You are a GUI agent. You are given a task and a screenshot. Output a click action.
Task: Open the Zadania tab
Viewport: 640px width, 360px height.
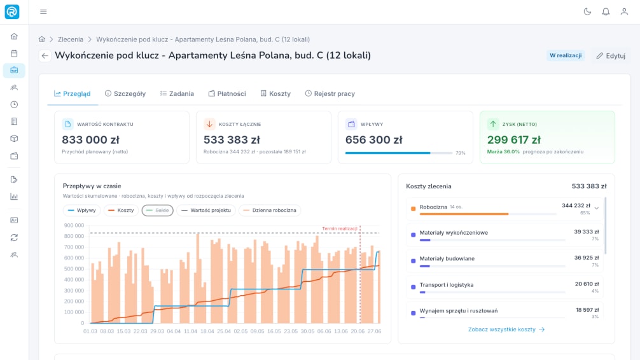click(x=177, y=93)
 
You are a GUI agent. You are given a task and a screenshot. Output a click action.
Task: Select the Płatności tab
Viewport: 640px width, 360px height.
click(x=227, y=93)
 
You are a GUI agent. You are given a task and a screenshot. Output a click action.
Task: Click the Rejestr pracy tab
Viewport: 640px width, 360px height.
click(x=330, y=93)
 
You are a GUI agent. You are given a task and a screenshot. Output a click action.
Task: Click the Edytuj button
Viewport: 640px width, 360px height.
click(x=611, y=55)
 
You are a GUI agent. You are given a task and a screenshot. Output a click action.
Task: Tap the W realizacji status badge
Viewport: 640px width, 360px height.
click(x=566, y=55)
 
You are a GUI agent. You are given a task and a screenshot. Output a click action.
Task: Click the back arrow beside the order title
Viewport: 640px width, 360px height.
click(x=45, y=55)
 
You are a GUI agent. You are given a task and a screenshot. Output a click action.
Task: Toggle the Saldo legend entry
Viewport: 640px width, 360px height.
click(x=158, y=210)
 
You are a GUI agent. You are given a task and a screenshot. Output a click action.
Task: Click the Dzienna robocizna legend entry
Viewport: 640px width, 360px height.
click(x=270, y=210)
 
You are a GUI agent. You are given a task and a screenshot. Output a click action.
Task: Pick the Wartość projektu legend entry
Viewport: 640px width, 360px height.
click(x=206, y=210)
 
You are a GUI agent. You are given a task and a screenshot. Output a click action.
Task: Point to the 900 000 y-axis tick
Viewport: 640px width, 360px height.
click(x=74, y=225)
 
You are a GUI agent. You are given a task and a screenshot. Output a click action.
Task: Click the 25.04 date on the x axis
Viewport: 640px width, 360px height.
click(x=224, y=331)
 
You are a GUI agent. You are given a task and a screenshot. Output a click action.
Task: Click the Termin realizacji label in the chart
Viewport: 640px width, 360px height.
click(x=340, y=228)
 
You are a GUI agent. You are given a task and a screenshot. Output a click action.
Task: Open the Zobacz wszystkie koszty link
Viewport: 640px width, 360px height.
click(x=506, y=329)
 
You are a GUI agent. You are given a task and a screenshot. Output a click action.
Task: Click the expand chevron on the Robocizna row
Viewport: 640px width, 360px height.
click(x=597, y=208)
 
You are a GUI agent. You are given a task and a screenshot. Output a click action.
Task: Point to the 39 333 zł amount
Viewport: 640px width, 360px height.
click(x=586, y=232)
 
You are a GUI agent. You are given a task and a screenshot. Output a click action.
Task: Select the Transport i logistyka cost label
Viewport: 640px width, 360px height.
click(x=447, y=285)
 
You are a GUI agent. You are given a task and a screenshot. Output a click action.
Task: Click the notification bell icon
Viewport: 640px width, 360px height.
click(x=606, y=12)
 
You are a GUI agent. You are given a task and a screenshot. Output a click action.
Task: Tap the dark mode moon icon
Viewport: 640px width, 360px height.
click(x=587, y=12)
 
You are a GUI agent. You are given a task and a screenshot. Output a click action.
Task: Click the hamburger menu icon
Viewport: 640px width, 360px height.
click(x=43, y=12)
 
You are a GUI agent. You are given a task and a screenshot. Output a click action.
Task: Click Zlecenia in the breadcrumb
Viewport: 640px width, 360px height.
click(x=70, y=39)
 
